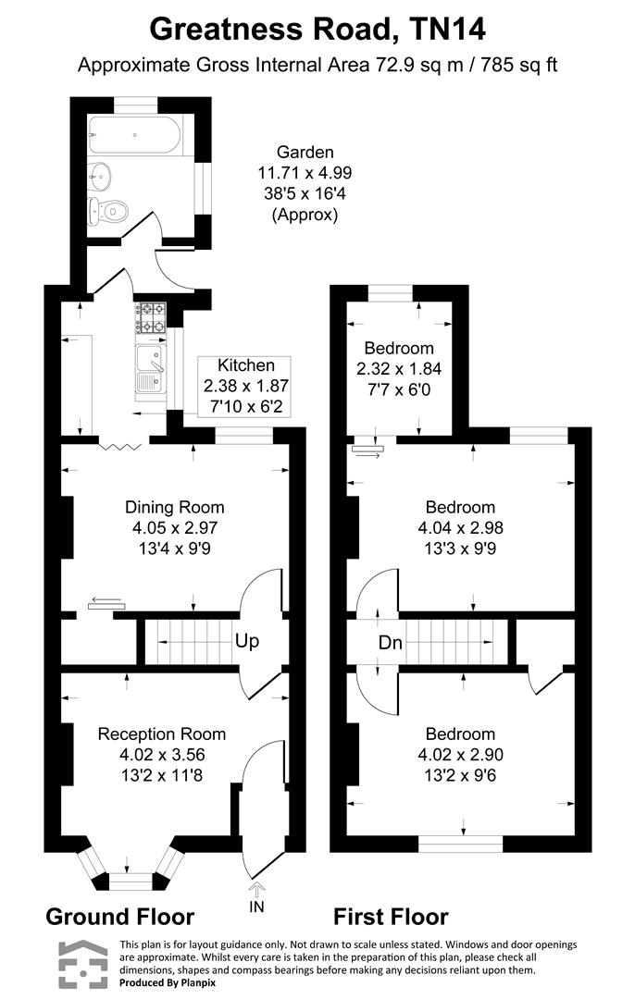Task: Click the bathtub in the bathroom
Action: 134,135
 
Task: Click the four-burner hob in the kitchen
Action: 150,317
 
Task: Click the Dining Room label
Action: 175,507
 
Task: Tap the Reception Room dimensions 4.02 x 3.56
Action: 162,755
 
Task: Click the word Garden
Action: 305,153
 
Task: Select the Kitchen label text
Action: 246,365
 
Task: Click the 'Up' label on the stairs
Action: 247,640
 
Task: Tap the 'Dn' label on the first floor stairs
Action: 391,642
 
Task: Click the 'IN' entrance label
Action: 256,906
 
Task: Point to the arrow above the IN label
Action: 256,888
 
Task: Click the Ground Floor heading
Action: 119,917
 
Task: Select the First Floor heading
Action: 391,917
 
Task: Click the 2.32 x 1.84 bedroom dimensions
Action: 399,368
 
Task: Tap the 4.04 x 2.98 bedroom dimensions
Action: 460,527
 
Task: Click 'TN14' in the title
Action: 448,30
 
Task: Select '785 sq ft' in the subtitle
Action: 519,65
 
